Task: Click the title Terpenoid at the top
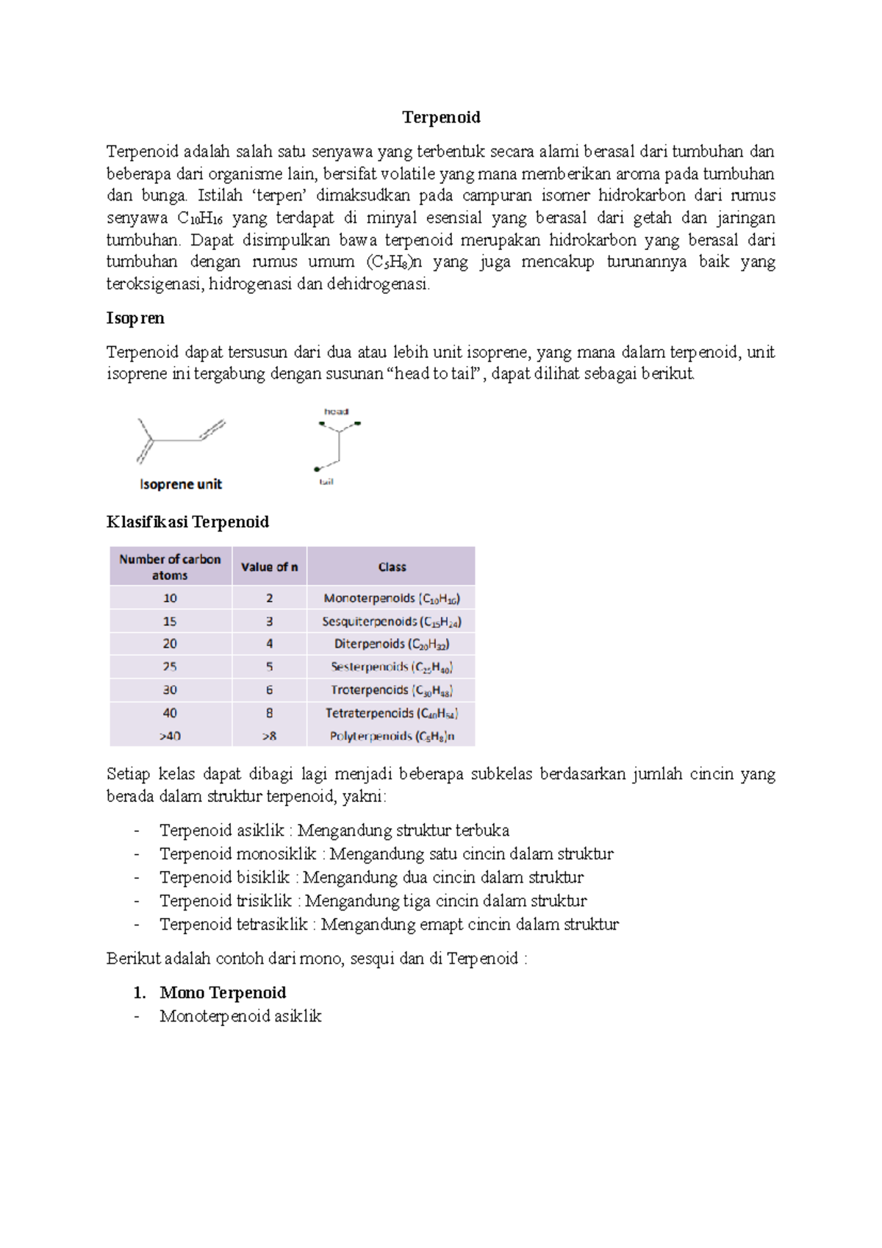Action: click(x=441, y=118)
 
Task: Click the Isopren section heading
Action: click(x=135, y=318)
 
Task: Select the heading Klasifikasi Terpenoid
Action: click(x=187, y=522)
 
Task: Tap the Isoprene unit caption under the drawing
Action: click(x=181, y=484)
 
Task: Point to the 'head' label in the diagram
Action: click(x=336, y=412)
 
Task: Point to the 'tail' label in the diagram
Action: click(x=326, y=482)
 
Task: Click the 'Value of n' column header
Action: click(x=269, y=567)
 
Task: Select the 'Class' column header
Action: click(x=392, y=567)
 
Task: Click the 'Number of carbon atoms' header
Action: click(x=170, y=567)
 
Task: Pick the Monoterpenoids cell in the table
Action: click(x=392, y=598)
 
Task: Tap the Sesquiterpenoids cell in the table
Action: click(x=392, y=622)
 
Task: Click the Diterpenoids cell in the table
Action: click(x=392, y=644)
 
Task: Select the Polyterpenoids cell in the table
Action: click(x=392, y=736)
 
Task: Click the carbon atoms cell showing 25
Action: click(x=170, y=667)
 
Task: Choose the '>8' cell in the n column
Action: click(x=269, y=736)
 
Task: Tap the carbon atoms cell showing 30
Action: click(x=170, y=690)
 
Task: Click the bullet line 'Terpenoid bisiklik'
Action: click(x=371, y=878)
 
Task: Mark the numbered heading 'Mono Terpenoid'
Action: click(x=223, y=993)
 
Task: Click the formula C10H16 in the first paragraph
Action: click(x=200, y=218)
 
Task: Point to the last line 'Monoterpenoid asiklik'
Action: click(x=240, y=1016)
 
